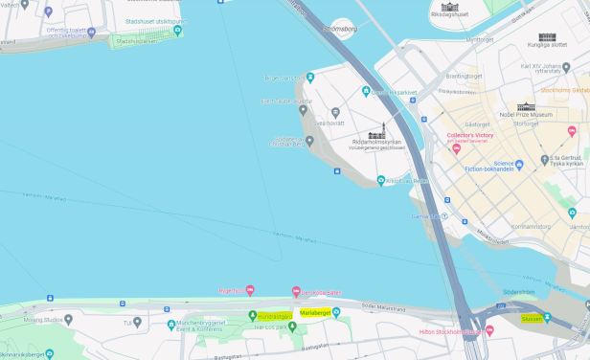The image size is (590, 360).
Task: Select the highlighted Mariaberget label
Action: (x=315, y=312)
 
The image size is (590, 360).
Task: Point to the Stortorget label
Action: (x=527, y=124)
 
